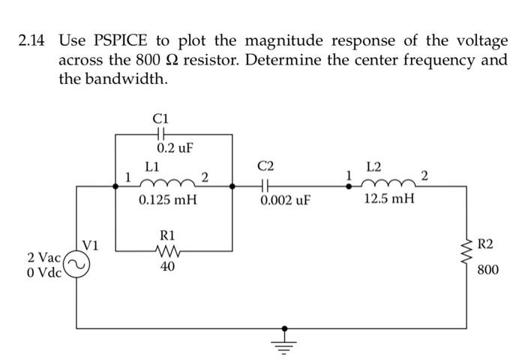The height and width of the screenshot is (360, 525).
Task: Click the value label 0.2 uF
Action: (175, 148)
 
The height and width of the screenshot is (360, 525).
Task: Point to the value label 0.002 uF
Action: (285, 201)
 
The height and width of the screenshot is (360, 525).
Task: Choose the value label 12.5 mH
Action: (388, 201)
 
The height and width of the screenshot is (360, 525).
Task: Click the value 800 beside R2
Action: (487, 269)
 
